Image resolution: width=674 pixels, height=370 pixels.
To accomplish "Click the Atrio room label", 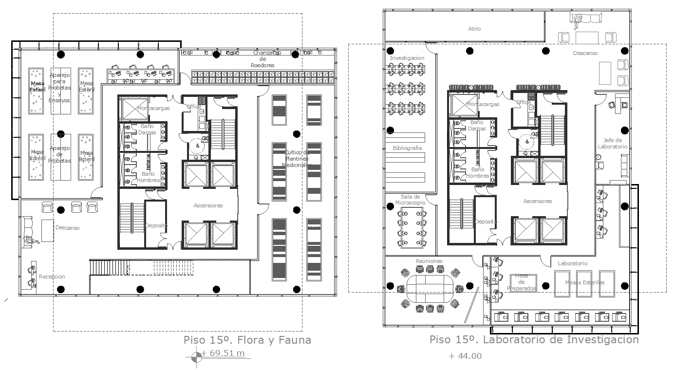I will pos(474,29).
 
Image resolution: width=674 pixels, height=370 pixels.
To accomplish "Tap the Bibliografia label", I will pos(407,148).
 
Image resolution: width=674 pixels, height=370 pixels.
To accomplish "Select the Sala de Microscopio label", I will pos(410,199).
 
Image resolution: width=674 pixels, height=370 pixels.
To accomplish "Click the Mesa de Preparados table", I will pos(523,282).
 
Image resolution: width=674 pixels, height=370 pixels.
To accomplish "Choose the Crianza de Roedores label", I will pos(262,59).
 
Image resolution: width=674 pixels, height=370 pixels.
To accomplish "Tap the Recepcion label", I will pos(52,277).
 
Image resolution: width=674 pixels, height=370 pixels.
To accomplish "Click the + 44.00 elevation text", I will pos(465,356).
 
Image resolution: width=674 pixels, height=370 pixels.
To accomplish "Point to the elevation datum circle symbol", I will pos(196,357).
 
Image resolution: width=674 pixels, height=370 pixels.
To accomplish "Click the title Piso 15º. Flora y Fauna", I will pos(247,340).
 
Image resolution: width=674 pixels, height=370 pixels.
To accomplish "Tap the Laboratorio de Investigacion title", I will pos(534,340).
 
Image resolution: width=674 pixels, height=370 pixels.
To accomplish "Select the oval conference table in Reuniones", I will pos(429,289).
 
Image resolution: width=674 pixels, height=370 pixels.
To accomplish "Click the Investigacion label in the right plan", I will pos(407,58).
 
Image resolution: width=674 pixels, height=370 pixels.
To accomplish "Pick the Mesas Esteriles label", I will pos(584,282).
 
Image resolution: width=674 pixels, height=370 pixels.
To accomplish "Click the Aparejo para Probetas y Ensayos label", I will pos(60,88).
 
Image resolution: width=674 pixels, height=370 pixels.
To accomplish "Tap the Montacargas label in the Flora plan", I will pos(153,108).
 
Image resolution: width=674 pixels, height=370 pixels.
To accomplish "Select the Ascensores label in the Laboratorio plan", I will pos(538,201).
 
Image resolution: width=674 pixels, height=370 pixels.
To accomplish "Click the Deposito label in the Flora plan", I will pos(156,226).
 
